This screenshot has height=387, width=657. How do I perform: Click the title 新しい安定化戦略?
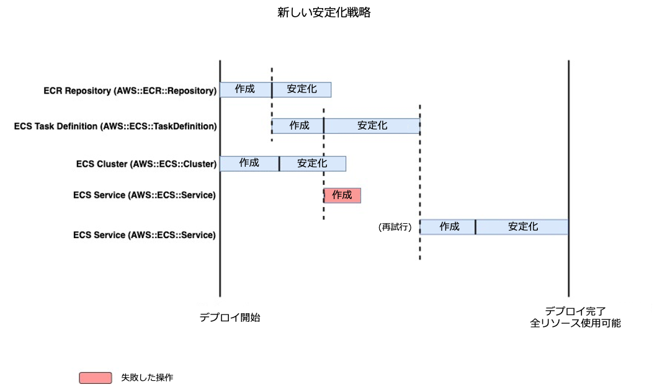pos(323,12)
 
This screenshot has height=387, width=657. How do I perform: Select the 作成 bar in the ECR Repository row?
pos(246,89)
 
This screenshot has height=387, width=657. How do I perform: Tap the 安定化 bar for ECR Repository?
pos(302,89)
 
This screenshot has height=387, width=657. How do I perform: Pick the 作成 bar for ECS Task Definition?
pos(298,126)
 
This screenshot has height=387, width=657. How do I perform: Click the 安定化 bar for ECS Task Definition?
pos(372,126)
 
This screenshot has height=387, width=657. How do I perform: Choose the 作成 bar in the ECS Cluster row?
pos(249,163)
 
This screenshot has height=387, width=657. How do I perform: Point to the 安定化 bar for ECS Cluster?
pos(312,163)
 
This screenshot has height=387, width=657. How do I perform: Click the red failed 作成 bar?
pos(342,195)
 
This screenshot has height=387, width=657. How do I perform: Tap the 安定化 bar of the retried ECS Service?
pos(522,227)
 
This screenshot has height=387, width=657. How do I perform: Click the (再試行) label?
pos(395,228)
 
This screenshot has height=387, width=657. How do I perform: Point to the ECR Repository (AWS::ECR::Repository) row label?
pos(130,91)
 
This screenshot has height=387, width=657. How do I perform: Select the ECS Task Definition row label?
pos(115,127)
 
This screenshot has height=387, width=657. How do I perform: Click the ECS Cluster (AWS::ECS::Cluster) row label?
pos(146,164)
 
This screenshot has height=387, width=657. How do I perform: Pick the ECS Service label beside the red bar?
pos(144,195)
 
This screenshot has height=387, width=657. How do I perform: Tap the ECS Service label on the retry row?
pos(144,236)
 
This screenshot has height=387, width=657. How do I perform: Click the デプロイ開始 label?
pos(230,318)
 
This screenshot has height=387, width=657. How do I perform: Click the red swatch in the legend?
pos(96,378)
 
